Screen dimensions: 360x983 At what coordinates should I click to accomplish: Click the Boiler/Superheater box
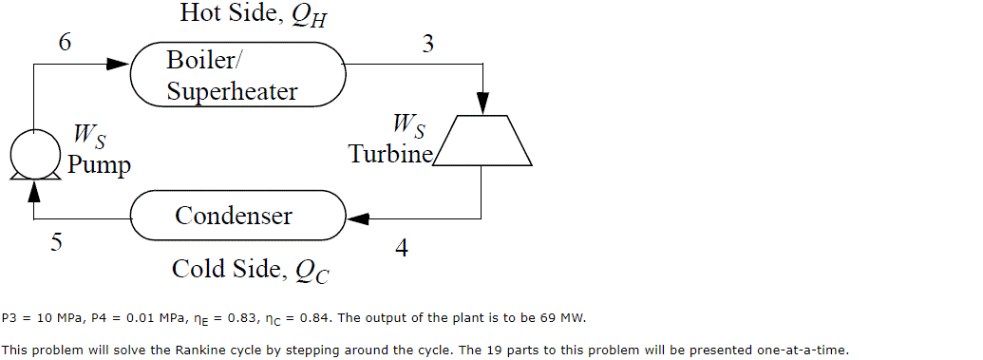click(x=237, y=75)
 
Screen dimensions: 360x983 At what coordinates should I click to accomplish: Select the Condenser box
click(x=237, y=216)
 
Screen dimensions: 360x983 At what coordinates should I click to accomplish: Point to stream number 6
click(x=64, y=43)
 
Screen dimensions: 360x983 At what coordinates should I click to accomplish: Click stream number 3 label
click(x=428, y=43)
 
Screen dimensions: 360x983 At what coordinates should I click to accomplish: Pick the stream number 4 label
click(x=402, y=248)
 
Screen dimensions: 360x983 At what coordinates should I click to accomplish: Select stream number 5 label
click(x=57, y=242)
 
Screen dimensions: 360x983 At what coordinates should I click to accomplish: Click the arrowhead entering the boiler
click(x=117, y=64)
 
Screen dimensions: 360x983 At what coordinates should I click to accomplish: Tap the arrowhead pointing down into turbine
click(x=482, y=104)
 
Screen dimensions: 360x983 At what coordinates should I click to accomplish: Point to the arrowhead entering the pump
click(x=34, y=190)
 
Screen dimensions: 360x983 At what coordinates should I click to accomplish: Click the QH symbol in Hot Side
click(x=311, y=16)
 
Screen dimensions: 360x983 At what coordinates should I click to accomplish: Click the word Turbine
click(x=389, y=153)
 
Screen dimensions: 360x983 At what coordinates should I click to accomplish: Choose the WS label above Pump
click(x=89, y=138)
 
